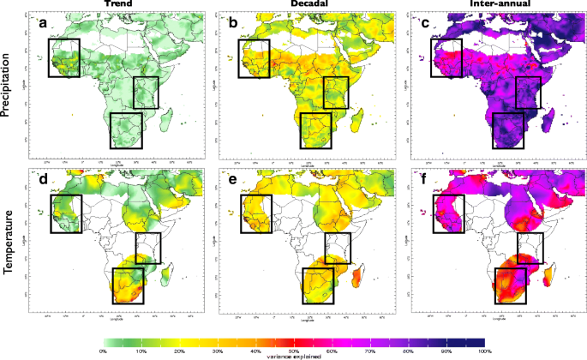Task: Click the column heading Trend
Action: point(117,5)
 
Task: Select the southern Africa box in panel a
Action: point(126,130)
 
